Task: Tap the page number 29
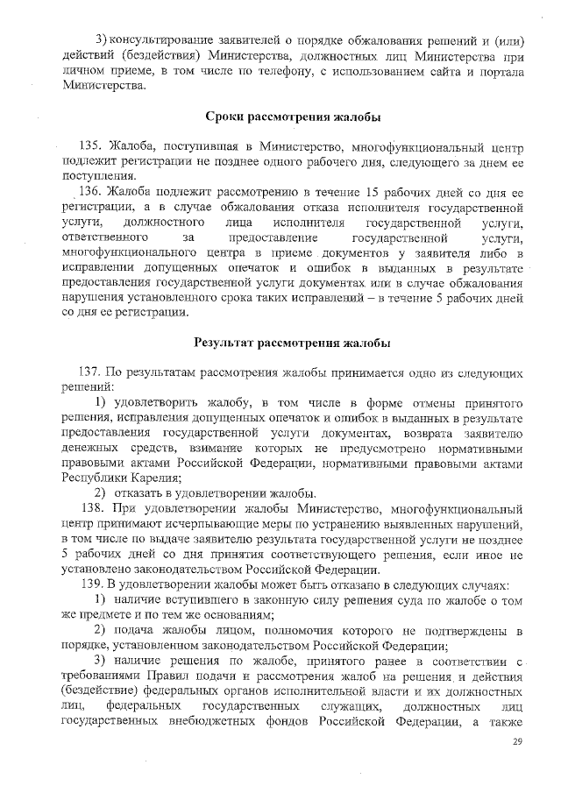coord(516,743)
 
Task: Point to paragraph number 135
coord(91,145)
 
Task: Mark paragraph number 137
coord(91,372)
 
